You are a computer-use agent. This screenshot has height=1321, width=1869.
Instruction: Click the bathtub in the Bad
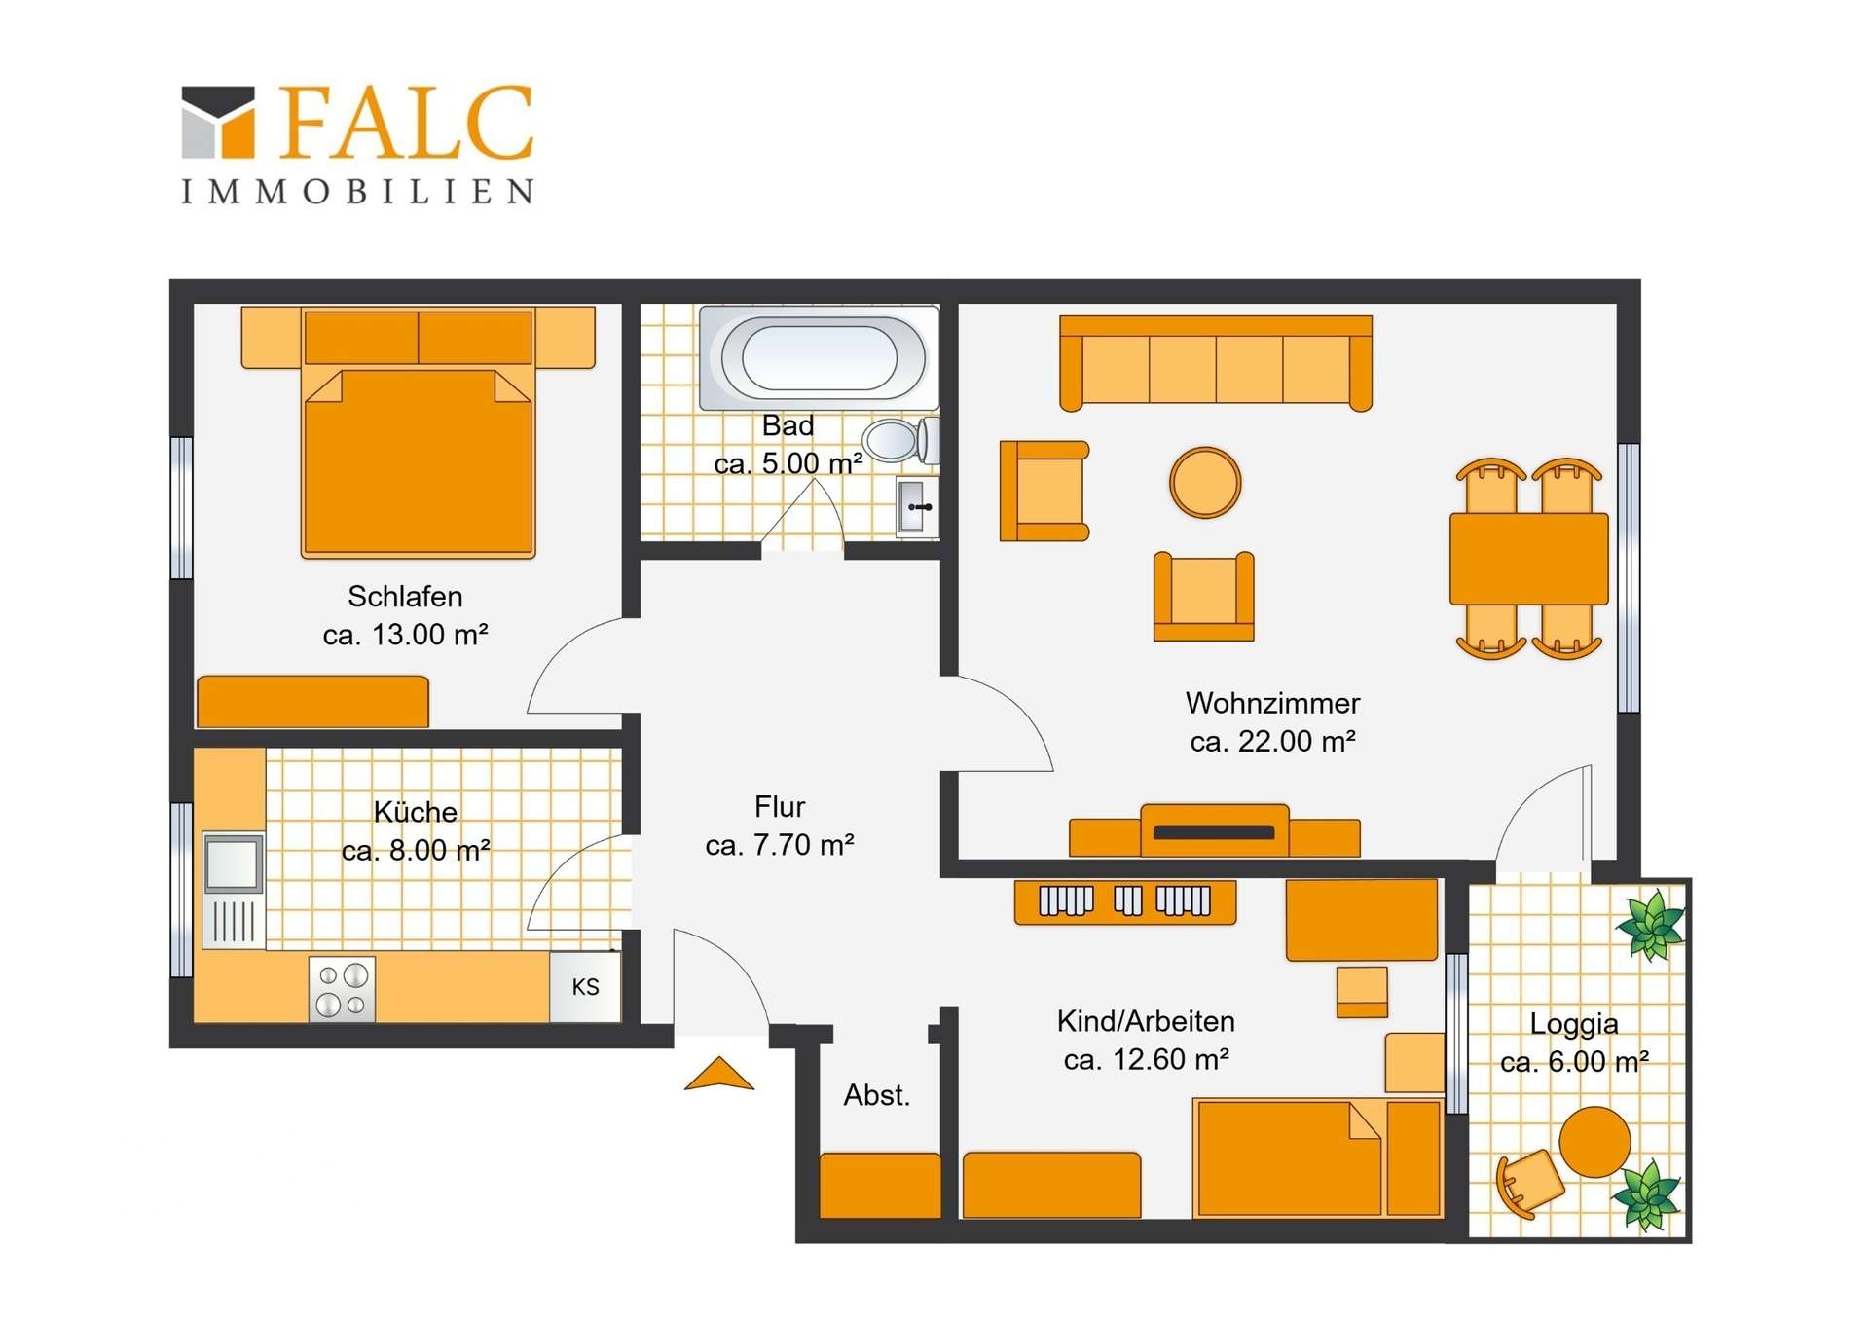pyautogui.click(x=819, y=357)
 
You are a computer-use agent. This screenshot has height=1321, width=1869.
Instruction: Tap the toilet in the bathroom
pyautogui.click(x=901, y=440)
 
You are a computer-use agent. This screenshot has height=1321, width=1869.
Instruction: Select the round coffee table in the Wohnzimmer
pyautogui.click(x=1205, y=482)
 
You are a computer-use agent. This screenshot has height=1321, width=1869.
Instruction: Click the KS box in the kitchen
pyautogui.click(x=585, y=986)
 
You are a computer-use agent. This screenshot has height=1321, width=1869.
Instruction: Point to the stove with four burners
pyautogui.click(x=343, y=990)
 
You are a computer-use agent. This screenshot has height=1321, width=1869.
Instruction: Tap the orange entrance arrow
pyautogui.click(x=719, y=1074)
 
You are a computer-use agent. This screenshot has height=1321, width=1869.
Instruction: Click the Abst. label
pyautogui.click(x=877, y=1095)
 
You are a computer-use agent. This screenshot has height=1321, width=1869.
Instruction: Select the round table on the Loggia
pyautogui.click(x=1594, y=1142)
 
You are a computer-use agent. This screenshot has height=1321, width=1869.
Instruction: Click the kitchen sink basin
pyautogui.click(x=233, y=862)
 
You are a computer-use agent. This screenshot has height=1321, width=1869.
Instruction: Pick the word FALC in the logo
pyautogui.click(x=407, y=122)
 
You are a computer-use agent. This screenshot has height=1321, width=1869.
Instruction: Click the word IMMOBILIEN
pyautogui.click(x=357, y=191)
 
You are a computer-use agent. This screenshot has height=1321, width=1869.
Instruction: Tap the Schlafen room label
pyautogui.click(x=405, y=596)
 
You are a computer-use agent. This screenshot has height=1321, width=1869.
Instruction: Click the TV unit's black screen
pyautogui.click(x=1214, y=832)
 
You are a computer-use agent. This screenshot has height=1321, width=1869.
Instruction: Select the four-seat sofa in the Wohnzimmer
pyautogui.click(x=1216, y=363)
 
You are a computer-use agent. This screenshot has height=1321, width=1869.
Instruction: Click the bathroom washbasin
pyautogui.click(x=917, y=506)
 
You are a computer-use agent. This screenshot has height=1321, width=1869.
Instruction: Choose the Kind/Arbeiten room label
pyautogui.click(x=1146, y=1021)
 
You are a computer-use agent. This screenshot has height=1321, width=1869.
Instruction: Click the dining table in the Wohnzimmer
pyautogui.click(x=1528, y=559)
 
